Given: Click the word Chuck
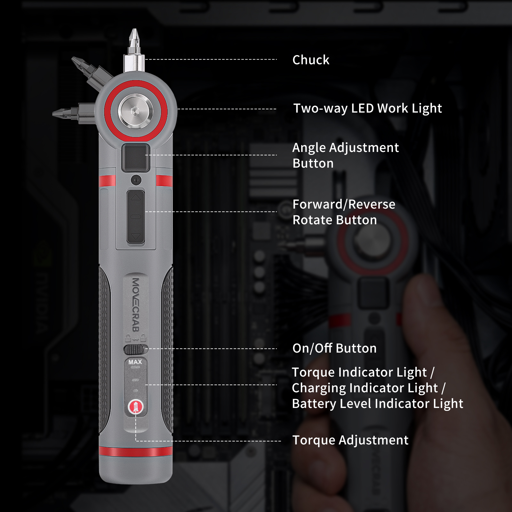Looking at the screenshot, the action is pyautogui.click(x=311, y=60).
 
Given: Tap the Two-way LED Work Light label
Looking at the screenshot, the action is pyautogui.click(x=368, y=108).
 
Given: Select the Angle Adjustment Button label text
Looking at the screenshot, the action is pyautogui.click(x=346, y=156).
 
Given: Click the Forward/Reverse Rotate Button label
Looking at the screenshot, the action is pyautogui.click(x=344, y=212).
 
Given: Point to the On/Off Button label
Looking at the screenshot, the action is pyautogui.click(x=334, y=348).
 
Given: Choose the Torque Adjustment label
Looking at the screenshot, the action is pyautogui.click(x=350, y=440).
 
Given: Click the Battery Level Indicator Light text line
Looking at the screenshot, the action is pyautogui.click(x=378, y=404).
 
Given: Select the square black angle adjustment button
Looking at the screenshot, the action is pyautogui.click(x=136, y=158).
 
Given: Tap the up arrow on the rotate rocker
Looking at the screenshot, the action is pyautogui.click(x=136, y=197).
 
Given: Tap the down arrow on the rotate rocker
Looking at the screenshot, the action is pyautogui.click(x=136, y=236).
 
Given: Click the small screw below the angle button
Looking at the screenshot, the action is pyautogui.click(x=136, y=180).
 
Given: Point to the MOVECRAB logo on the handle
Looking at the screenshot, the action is pyautogui.click(x=136, y=305).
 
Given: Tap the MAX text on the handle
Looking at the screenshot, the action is pyautogui.click(x=135, y=362).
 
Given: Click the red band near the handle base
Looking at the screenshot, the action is pyautogui.click(x=136, y=452).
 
